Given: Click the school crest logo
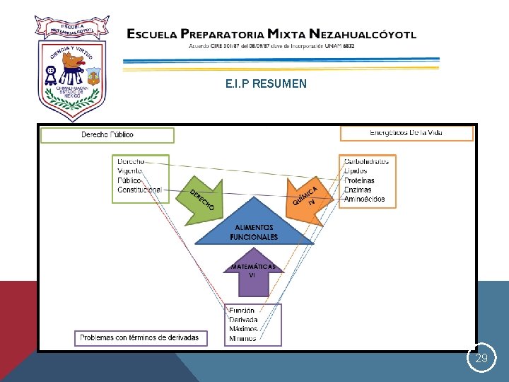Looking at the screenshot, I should coord(71,68).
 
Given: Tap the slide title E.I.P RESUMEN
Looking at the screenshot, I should coord(266,83).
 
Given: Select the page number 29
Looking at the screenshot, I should coord(481,359).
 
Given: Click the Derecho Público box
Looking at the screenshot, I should coord(107,134).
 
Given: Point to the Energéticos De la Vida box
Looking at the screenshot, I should coord(406,133).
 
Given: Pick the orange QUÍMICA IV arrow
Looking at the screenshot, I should coord(305,198).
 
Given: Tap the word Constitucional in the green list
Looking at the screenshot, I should coord(139,190).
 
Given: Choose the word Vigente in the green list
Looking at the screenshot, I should coord(131,171).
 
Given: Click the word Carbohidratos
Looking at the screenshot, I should coord(366,161).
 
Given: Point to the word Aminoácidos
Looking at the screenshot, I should coord(364,199).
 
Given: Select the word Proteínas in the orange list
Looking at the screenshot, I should coord(359,180).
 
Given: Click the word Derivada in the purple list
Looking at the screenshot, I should coord(243,320).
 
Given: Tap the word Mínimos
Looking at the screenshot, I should coord(242,339).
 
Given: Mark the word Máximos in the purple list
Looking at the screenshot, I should coord(243,330).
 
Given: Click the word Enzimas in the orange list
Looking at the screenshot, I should coord(358,190).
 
